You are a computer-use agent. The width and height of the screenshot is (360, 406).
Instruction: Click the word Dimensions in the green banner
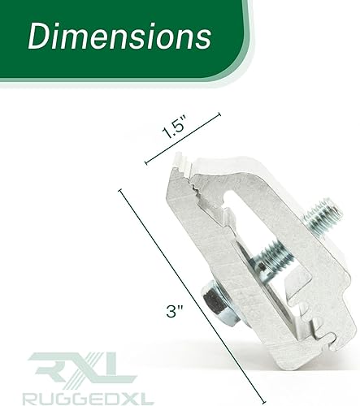coord(119,37)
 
